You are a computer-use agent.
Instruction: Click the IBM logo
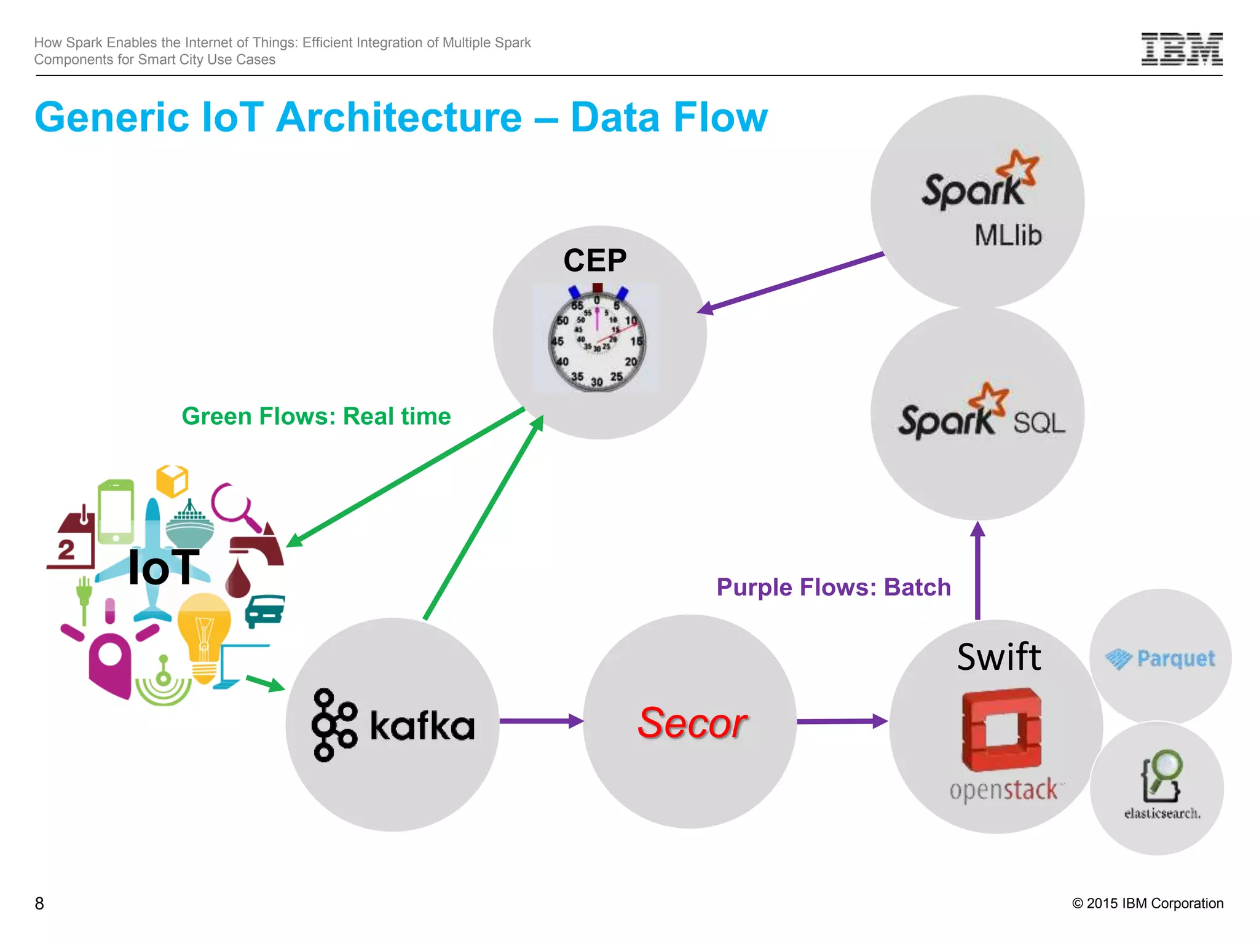tap(1182, 49)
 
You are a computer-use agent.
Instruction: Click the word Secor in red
tap(692, 723)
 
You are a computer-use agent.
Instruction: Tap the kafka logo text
tap(422, 726)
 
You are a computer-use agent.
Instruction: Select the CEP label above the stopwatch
tap(594, 261)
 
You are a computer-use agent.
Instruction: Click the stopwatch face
tap(597, 342)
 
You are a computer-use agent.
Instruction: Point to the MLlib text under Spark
tap(1008, 235)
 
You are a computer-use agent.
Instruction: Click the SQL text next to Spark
tap(1038, 423)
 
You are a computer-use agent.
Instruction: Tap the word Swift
tap(999, 657)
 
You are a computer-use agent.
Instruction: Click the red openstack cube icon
tap(1001, 730)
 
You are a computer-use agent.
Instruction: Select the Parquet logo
tap(1160, 659)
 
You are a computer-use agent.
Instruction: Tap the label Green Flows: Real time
tap(316, 417)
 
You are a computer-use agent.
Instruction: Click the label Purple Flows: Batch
tap(834, 588)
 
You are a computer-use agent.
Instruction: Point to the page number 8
tap(39, 903)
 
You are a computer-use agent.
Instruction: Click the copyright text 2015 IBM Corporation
tap(1148, 903)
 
